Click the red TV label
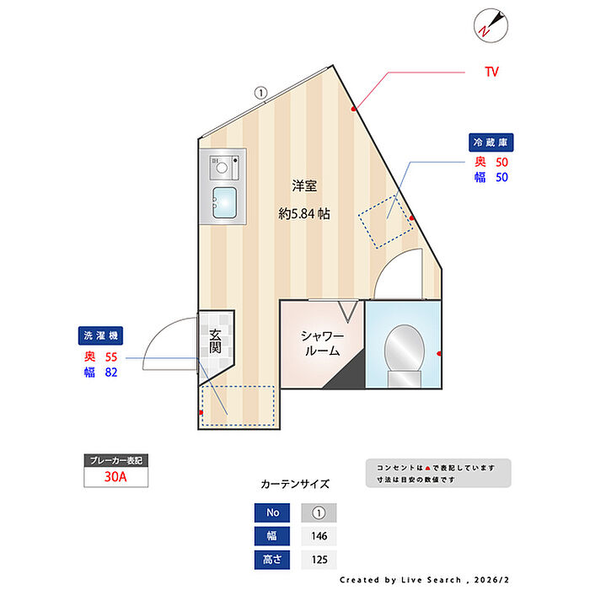coord(491,72)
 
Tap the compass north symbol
coord(488,24)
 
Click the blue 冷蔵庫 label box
coord(492,142)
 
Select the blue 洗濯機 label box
coord(101,335)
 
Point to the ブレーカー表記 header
coord(116,461)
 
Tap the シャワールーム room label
coord(320,343)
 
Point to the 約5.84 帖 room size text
coord(304,214)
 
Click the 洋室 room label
coord(304,185)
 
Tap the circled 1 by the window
coord(260,93)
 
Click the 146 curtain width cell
coord(319,535)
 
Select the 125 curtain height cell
coord(319,558)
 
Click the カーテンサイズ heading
coord(295,485)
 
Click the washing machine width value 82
coord(110,373)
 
